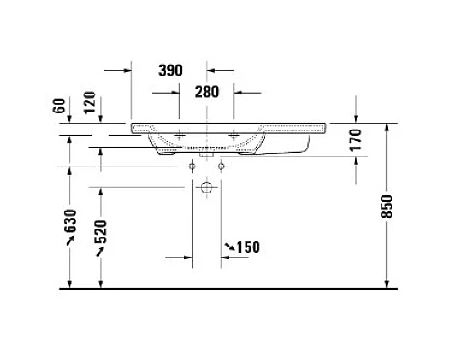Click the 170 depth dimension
point(355,139)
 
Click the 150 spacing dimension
point(247,247)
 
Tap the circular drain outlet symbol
point(206,189)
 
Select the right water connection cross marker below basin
point(219,166)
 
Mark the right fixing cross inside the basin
point(236,136)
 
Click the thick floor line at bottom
point(225,288)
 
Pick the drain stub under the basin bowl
point(206,153)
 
